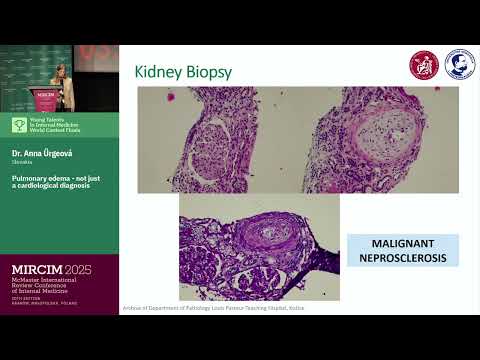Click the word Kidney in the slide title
point(160,71)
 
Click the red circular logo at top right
point(423,65)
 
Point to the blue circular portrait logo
point(459,65)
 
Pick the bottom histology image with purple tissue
point(258,245)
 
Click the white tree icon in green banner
point(18,125)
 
